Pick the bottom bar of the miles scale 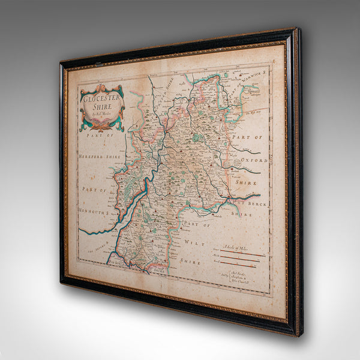pyautogui.click(x=240, y=265)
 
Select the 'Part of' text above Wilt pyautogui.click(x=197, y=225)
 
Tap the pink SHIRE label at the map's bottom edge pyautogui.click(x=158, y=271)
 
